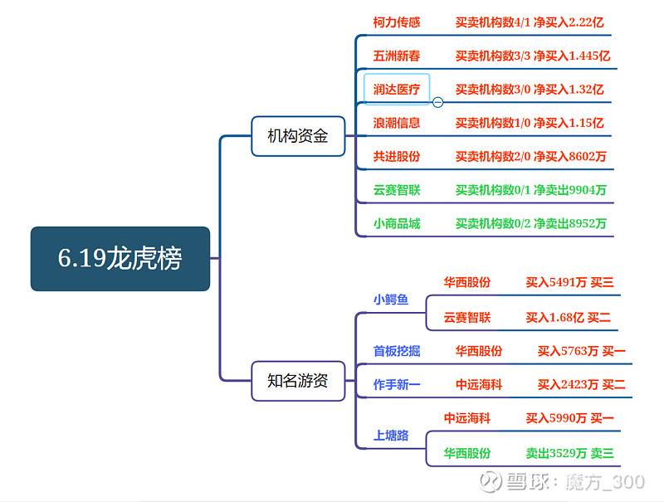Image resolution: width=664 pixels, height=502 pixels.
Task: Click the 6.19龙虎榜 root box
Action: [120, 259]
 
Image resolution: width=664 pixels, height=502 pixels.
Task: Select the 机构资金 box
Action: [298, 136]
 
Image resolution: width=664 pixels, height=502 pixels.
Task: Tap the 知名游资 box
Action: [298, 381]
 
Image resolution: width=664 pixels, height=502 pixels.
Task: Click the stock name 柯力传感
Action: [397, 22]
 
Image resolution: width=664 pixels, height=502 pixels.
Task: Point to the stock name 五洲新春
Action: [397, 56]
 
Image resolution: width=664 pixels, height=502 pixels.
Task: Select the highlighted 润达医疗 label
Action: [397, 89]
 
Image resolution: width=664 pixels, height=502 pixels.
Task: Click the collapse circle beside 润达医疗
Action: [438, 102]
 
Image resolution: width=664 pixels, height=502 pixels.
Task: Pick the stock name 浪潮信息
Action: [397, 123]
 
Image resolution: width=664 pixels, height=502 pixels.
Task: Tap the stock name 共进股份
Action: [397, 156]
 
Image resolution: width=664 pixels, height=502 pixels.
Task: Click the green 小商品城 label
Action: [397, 223]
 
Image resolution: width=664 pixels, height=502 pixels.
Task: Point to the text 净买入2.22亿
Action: [569, 22]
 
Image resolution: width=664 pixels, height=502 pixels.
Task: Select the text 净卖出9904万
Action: [570, 190]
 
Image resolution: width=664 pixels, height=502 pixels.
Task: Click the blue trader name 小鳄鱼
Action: [390, 300]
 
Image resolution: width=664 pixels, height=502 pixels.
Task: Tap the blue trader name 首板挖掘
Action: [397, 351]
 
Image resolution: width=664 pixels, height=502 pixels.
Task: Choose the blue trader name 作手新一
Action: [397, 384]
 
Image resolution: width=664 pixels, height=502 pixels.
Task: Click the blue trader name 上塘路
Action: [390, 435]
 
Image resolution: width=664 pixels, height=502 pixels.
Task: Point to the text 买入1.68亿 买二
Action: [569, 318]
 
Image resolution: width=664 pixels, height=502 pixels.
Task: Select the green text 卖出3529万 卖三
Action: [569, 453]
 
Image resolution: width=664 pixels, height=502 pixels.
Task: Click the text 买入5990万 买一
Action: [569, 418]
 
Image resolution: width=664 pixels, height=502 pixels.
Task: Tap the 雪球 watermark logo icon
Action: [491, 482]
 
